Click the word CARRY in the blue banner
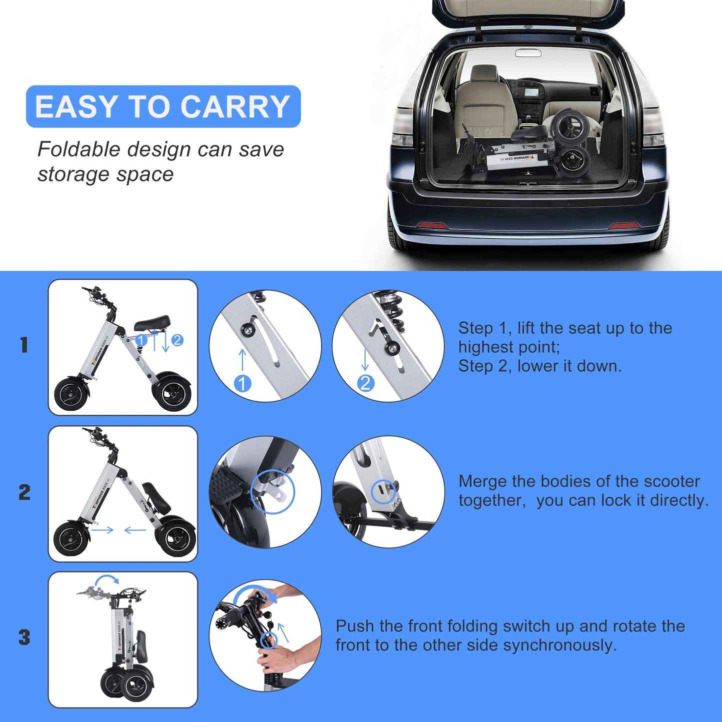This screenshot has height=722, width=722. pyautogui.click(x=235, y=106)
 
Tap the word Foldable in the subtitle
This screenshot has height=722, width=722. pyautogui.click(x=79, y=149)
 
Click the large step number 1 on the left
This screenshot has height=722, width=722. pyautogui.click(x=24, y=345)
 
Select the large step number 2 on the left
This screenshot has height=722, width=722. pyautogui.click(x=24, y=492)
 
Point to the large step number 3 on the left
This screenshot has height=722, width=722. pyautogui.click(x=24, y=637)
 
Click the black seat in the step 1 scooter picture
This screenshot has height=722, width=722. pyautogui.click(x=152, y=323)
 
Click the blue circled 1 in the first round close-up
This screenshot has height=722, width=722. pyautogui.click(x=242, y=384)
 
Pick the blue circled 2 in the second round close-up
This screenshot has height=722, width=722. pyautogui.click(x=365, y=383)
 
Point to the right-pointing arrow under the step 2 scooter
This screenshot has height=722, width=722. pyautogui.click(x=102, y=530)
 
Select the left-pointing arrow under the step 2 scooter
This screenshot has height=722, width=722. pyautogui.click(x=135, y=530)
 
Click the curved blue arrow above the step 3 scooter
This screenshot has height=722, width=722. pyautogui.click(x=107, y=579)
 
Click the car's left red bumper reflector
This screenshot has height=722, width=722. pyautogui.click(x=432, y=225)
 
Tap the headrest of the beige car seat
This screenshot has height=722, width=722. pyautogui.click(x=485, y=73)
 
